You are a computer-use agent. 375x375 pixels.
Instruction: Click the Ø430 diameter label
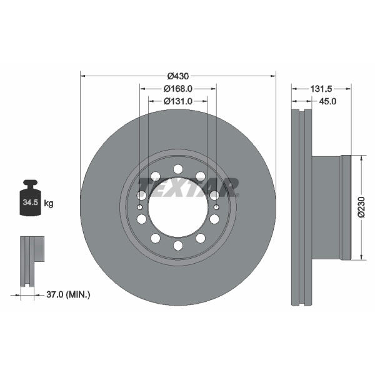click(178, 76)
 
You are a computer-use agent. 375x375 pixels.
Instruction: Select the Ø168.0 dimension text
click(178, 89)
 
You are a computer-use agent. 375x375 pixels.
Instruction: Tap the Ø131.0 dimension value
click(178, 101)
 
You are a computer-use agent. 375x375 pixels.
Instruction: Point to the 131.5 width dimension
click(321, 89)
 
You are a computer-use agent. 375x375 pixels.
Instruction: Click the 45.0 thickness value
click(327, 101)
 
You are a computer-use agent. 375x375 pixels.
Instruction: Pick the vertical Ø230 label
click(362, 207)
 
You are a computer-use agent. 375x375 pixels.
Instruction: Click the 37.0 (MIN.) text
click(68, 294)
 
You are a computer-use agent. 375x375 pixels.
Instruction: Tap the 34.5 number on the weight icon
click(31, 202)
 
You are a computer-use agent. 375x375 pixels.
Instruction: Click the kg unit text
click(49, 204)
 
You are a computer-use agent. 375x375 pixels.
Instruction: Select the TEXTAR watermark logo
click(189, 187)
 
